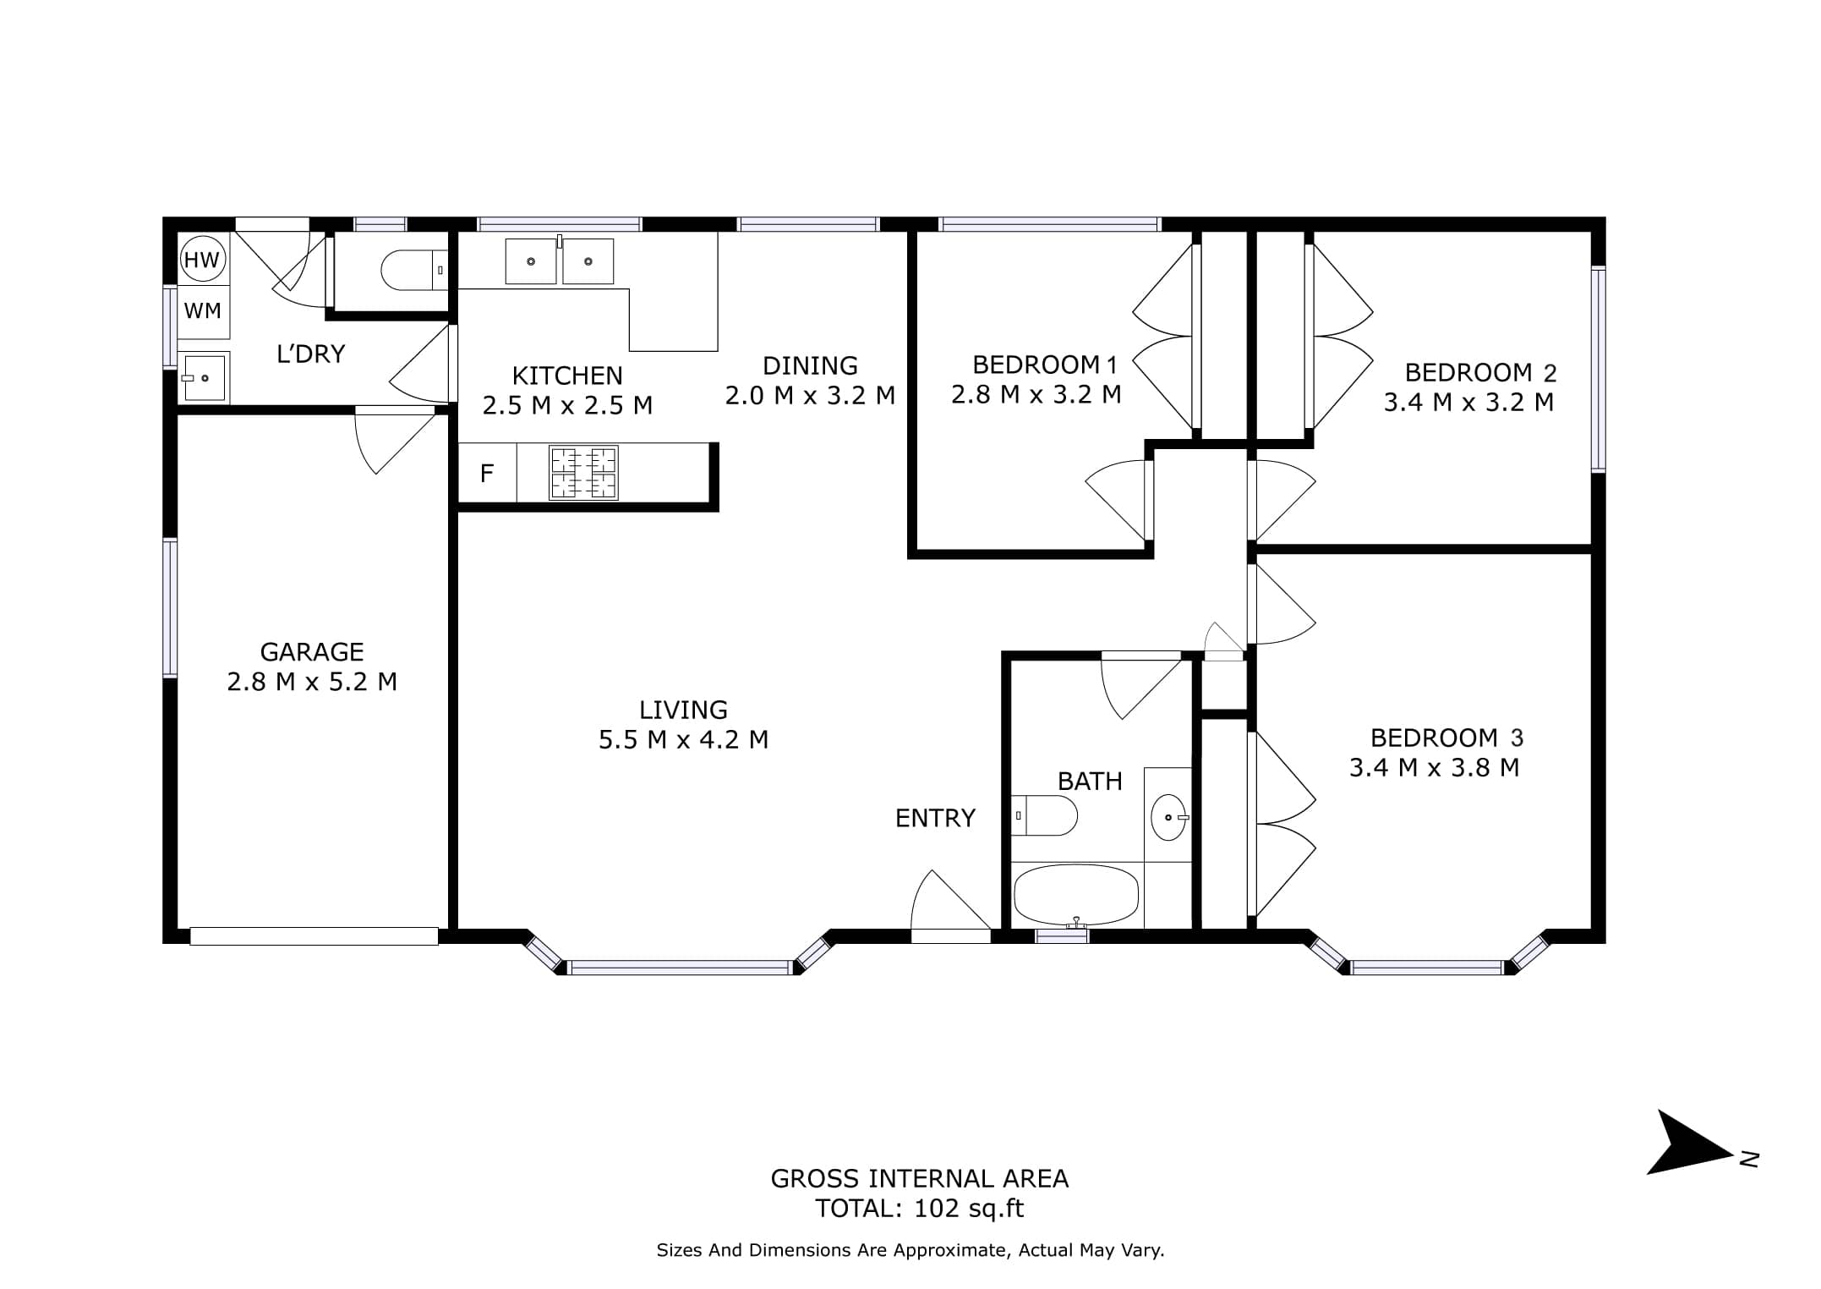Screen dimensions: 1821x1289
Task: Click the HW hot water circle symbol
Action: point(201,260)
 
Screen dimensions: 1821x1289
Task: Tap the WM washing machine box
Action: point(204,311)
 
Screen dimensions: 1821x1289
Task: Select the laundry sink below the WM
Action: point(204,377)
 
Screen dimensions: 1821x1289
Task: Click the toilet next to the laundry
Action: point(414,270)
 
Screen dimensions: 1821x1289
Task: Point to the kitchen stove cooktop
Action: point(583,473)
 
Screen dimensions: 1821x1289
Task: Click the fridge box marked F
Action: point(487,473)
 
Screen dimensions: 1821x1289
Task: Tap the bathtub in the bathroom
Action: point(1075,895)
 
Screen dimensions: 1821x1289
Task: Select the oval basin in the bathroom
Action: point(1168,817)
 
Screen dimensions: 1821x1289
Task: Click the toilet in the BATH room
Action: point(1045,815)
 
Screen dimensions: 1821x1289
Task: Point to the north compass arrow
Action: point(1690,1144)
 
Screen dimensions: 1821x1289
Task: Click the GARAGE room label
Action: point(312,652)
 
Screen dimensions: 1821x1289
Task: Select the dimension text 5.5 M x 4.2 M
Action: point(683,740)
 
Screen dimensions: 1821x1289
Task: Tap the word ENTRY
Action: point(935,818)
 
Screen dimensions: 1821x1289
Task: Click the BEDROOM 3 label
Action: point(1446,738)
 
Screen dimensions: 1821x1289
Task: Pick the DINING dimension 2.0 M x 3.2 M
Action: point(810,395)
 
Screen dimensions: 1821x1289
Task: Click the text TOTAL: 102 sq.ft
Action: point(919,1209)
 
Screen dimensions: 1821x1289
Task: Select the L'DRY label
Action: point(311,354)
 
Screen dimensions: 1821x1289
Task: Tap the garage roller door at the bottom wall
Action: point(314,935)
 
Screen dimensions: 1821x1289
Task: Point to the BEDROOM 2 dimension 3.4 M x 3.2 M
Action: point(1468,402)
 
